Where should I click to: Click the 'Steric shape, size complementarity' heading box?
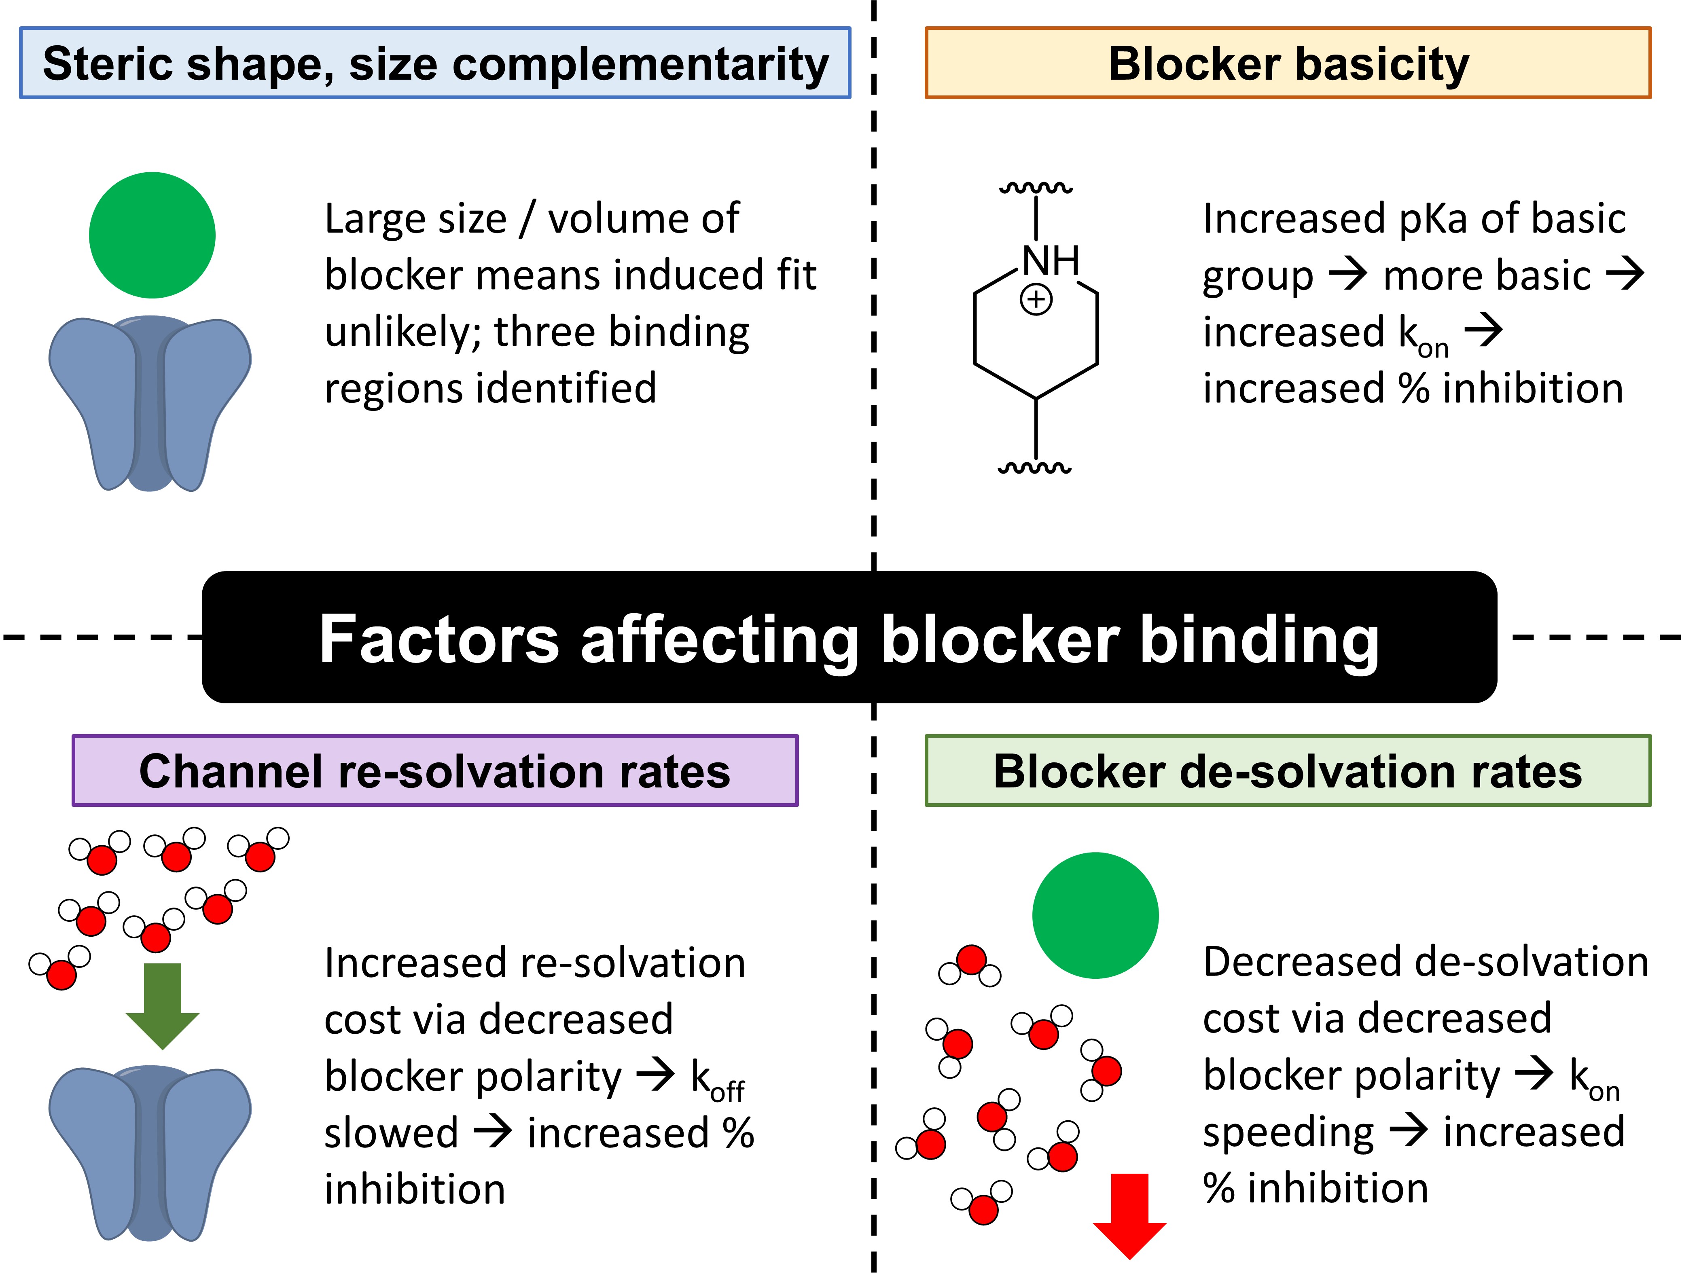tap(435, 63)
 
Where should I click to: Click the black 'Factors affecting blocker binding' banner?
tap(849, 637)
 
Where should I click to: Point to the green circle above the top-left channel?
tap(152, 235)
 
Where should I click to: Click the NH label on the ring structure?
tap(1051, 261)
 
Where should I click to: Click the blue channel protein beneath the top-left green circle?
tap(150, 403)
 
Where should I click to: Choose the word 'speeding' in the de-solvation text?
tap(1288, 1134)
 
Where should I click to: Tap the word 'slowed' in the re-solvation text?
tap(391, 1134)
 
